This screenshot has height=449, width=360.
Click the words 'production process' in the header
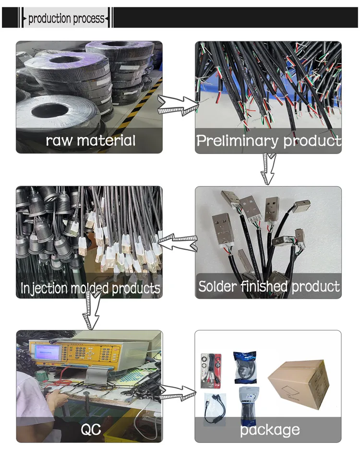pyautogui.click(x=66, y=19)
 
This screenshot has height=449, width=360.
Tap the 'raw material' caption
pyautogui.click(x=90, y=141)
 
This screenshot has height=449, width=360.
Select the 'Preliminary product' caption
pyautogui.click(x=269, y=141)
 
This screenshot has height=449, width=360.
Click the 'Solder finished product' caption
pyautogui.click(x=269, y=286)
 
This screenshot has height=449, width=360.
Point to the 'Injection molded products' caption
pyautogui.click(x=90, y=288)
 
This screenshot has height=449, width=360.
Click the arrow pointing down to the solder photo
pyautogui.click(x=267, y=169)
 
